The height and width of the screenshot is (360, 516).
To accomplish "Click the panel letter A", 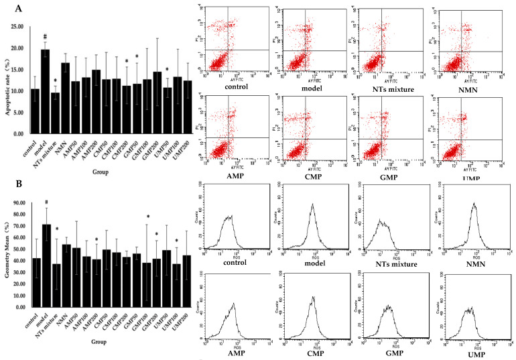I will [9, 9].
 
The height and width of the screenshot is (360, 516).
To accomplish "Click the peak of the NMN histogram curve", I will [474, 203].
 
